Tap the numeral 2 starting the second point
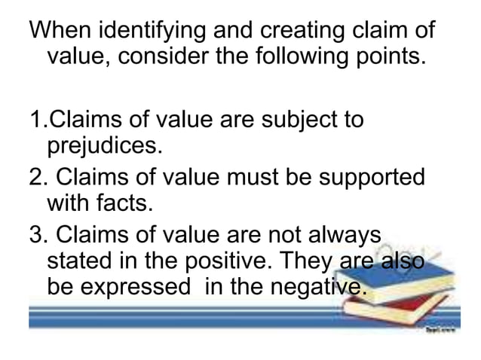coord(35,176)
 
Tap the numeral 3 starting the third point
coord(35,234)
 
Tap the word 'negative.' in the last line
coord(319,287)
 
